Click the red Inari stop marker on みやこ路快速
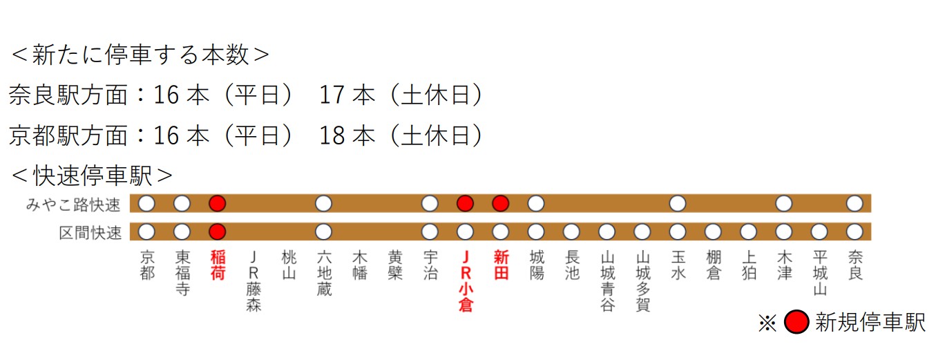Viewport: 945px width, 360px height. click(x=218, y=203)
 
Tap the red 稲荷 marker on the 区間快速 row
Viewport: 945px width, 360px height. click(x=218, y=231)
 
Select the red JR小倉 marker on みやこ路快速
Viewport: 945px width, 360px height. click(x=465, y=203)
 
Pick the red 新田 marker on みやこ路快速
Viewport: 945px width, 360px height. click(x=501, y=203)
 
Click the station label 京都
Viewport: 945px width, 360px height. click(x=147, y=265)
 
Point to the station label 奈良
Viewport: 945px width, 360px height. click(x=855, y=265)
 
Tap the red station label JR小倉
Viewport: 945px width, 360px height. click(x=465, y=281)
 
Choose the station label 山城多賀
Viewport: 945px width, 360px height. click(x=642, y=281)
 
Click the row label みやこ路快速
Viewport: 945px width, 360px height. click(x=73, y=205)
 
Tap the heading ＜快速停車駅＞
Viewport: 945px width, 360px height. click(x=92, y=176)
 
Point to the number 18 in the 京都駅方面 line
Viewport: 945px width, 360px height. click(x=332, y=135)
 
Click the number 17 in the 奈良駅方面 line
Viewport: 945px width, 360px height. click(x=332, y=95)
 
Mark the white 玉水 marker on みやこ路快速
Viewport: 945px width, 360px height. click(x=678, y=203)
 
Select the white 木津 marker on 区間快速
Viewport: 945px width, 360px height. click(x=783, y=231)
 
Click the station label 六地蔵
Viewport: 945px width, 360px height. click(x=323, y=274)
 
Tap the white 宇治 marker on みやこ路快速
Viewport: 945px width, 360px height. click(x=430, y=203)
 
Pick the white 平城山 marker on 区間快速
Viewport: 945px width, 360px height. click(x=819, y=231)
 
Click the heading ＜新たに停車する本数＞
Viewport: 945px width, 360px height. click(x=140, y=55)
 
